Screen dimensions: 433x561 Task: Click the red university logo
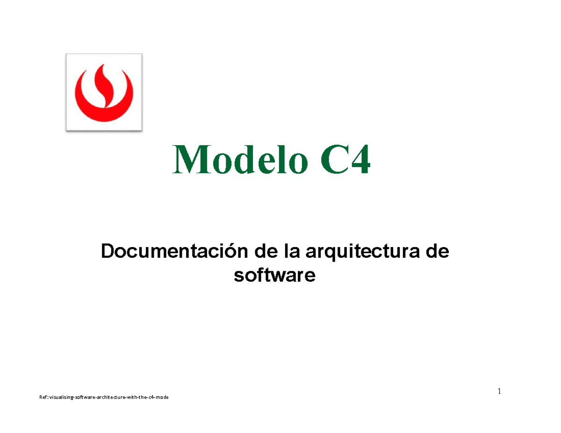pos(104,92)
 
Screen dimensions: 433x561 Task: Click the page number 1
pos(499,391)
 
